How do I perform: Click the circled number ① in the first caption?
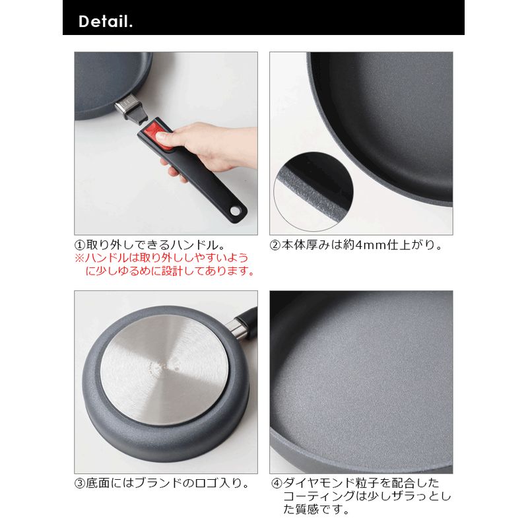(x=80, y=244)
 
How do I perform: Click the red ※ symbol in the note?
(x=79, y=257)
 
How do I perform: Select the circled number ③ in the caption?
(x=80, y=482)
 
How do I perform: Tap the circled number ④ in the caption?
(x=277, y=482)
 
